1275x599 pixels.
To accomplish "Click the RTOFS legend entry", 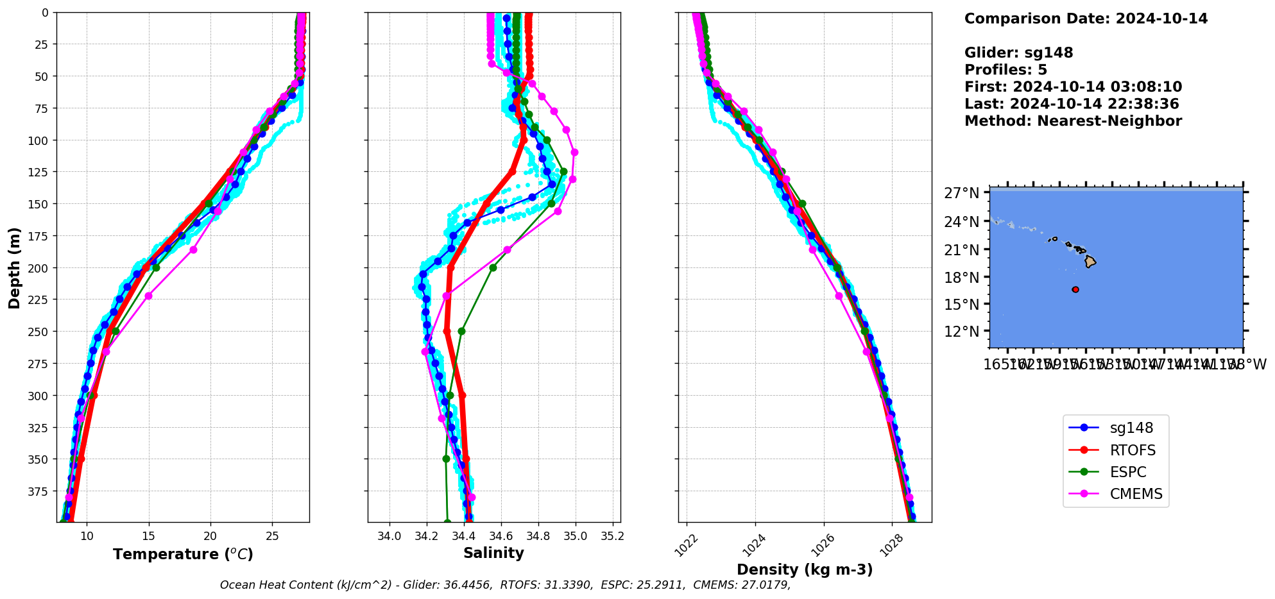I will click(1132, 450).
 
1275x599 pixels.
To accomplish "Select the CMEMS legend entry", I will click(1135, 494).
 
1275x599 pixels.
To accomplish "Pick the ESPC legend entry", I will click(1127, 472).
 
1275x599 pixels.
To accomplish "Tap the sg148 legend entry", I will click(1131, 428).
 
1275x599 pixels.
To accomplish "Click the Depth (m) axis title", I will click(14, 267).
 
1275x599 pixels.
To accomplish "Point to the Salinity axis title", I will click(493, 553).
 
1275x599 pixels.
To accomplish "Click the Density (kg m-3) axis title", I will click(805, 569).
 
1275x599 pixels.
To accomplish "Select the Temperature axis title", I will click(183, 554).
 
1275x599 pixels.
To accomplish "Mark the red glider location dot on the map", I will click(1075, 290).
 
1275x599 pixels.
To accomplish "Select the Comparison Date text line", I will click(1086, 19).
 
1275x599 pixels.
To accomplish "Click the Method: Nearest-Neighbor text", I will click(1073, 121).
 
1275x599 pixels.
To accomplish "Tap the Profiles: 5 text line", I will click(1005, 70).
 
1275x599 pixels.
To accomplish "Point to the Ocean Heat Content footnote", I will click(505, 585).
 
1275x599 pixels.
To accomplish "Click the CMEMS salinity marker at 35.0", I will click(574, 153).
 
